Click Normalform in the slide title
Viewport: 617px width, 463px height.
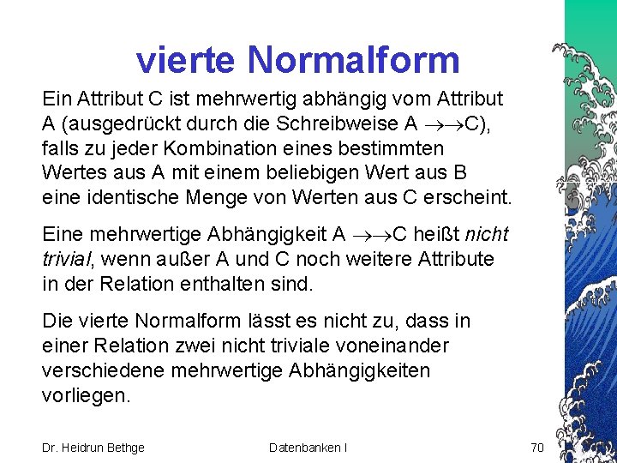pos(355,60)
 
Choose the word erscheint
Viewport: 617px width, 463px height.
pos(470,197)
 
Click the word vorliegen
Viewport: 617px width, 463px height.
pos(86,395)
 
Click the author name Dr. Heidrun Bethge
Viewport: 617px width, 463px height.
pos(93,447)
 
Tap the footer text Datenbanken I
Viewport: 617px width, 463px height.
pos(308,447)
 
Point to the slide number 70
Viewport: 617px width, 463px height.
pos(537,447)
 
